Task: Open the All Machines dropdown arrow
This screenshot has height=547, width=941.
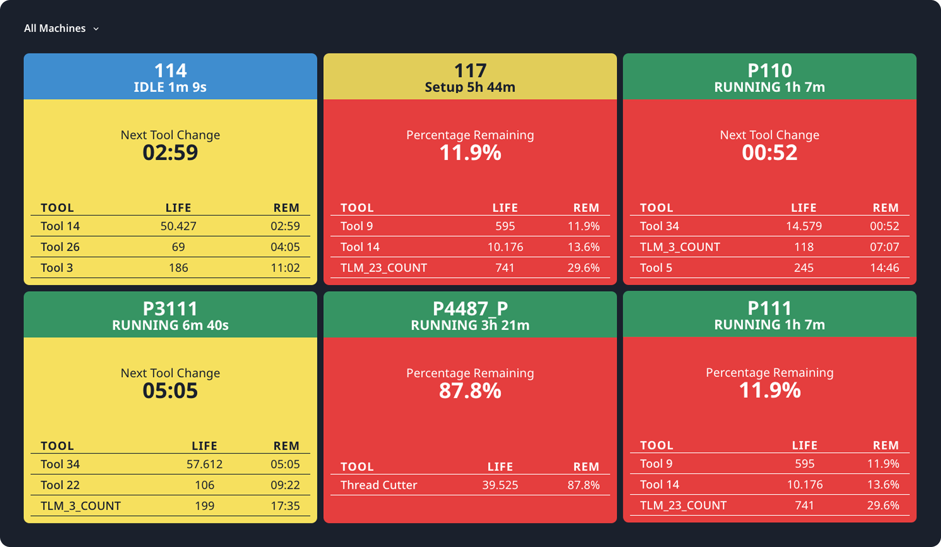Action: point(96,29)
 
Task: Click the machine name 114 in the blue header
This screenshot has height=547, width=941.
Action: point(170,70)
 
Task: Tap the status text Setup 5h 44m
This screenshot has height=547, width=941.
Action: point(470,87)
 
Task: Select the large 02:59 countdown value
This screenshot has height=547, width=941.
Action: point(170,153)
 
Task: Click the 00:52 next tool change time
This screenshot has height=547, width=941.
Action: point(769,153)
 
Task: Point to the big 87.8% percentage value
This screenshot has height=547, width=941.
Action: point(470,391)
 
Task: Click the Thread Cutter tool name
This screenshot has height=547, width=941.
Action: point(379,485)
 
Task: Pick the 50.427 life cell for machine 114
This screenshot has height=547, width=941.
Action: point(178,226)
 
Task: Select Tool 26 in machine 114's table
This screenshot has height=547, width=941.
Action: point(60,247)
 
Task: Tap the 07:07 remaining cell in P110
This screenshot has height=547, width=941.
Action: point(884,247)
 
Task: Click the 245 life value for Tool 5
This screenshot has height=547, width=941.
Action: point(804,268)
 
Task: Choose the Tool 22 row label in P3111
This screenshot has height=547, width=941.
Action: point(60,485)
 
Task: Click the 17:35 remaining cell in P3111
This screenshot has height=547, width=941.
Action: point(285,506)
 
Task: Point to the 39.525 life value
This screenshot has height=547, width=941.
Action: point(500,485)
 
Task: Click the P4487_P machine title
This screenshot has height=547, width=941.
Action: point(470,309)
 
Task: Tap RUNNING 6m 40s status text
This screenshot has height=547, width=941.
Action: point(170,325)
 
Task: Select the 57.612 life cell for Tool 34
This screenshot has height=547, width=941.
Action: point(205,464)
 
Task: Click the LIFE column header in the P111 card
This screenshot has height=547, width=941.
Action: point(805,445)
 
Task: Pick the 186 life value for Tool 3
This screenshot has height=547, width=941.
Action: point(178,268)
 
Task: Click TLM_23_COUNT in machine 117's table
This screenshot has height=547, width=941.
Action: point(384,268)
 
